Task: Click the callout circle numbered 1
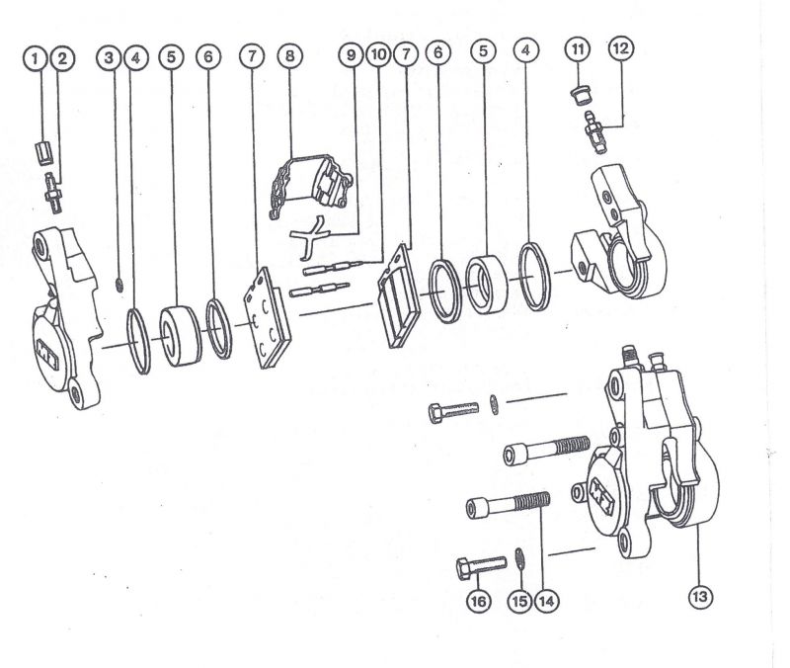[x=35, y=58]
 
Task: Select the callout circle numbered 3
[x=109, y=57]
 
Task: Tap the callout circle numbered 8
[x=289, y=55]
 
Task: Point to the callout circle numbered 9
[x=352, y=54]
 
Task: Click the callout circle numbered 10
[x=379, y=54]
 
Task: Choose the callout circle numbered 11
[x=578, y=49]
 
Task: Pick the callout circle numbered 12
[x=621, y=48]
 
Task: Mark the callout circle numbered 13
[x=700, y=597]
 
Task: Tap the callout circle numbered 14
[x=547, y=601]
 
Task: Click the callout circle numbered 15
[x=520, y=601]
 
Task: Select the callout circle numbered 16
[x=479, y=601]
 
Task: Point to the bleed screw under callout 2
[x=52, y=193]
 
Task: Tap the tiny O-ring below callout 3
[x=119, y=286]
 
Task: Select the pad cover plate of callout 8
[x=311, y=185]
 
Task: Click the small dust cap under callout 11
[x=580, y=95]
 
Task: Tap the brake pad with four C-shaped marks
[x=267, y=318]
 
